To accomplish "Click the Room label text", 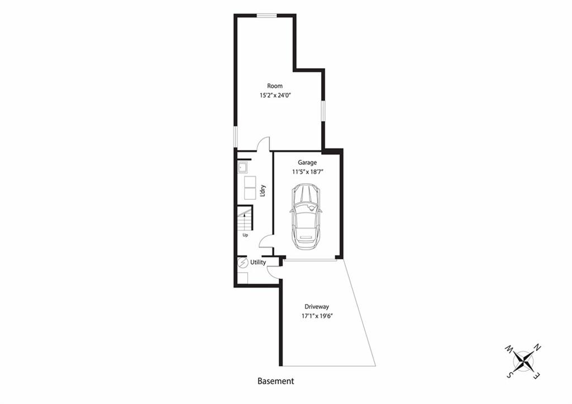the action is tap(275, 86).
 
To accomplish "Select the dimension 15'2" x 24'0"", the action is tap(275, 96).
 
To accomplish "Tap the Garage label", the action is tap(307, 163).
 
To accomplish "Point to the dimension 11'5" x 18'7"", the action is tap(307, 172).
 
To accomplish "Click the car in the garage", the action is tap(306, 217).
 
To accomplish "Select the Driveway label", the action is tap(317, 307).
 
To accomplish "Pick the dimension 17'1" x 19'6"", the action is tap(317, 316).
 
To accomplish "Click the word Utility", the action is tap(258, 263).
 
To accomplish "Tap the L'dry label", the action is tap(263, 191).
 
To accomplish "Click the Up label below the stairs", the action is tap(245, 235).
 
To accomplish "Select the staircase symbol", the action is tap(245, 218).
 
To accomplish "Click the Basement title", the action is tap(275, 381).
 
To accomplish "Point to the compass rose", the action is tap(523, 360).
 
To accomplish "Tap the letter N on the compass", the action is tap(537, 348).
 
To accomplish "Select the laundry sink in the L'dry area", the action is tap(242, 168).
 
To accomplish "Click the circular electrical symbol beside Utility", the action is tap(242, 263).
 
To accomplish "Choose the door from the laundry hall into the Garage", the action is tap(266, 241).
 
